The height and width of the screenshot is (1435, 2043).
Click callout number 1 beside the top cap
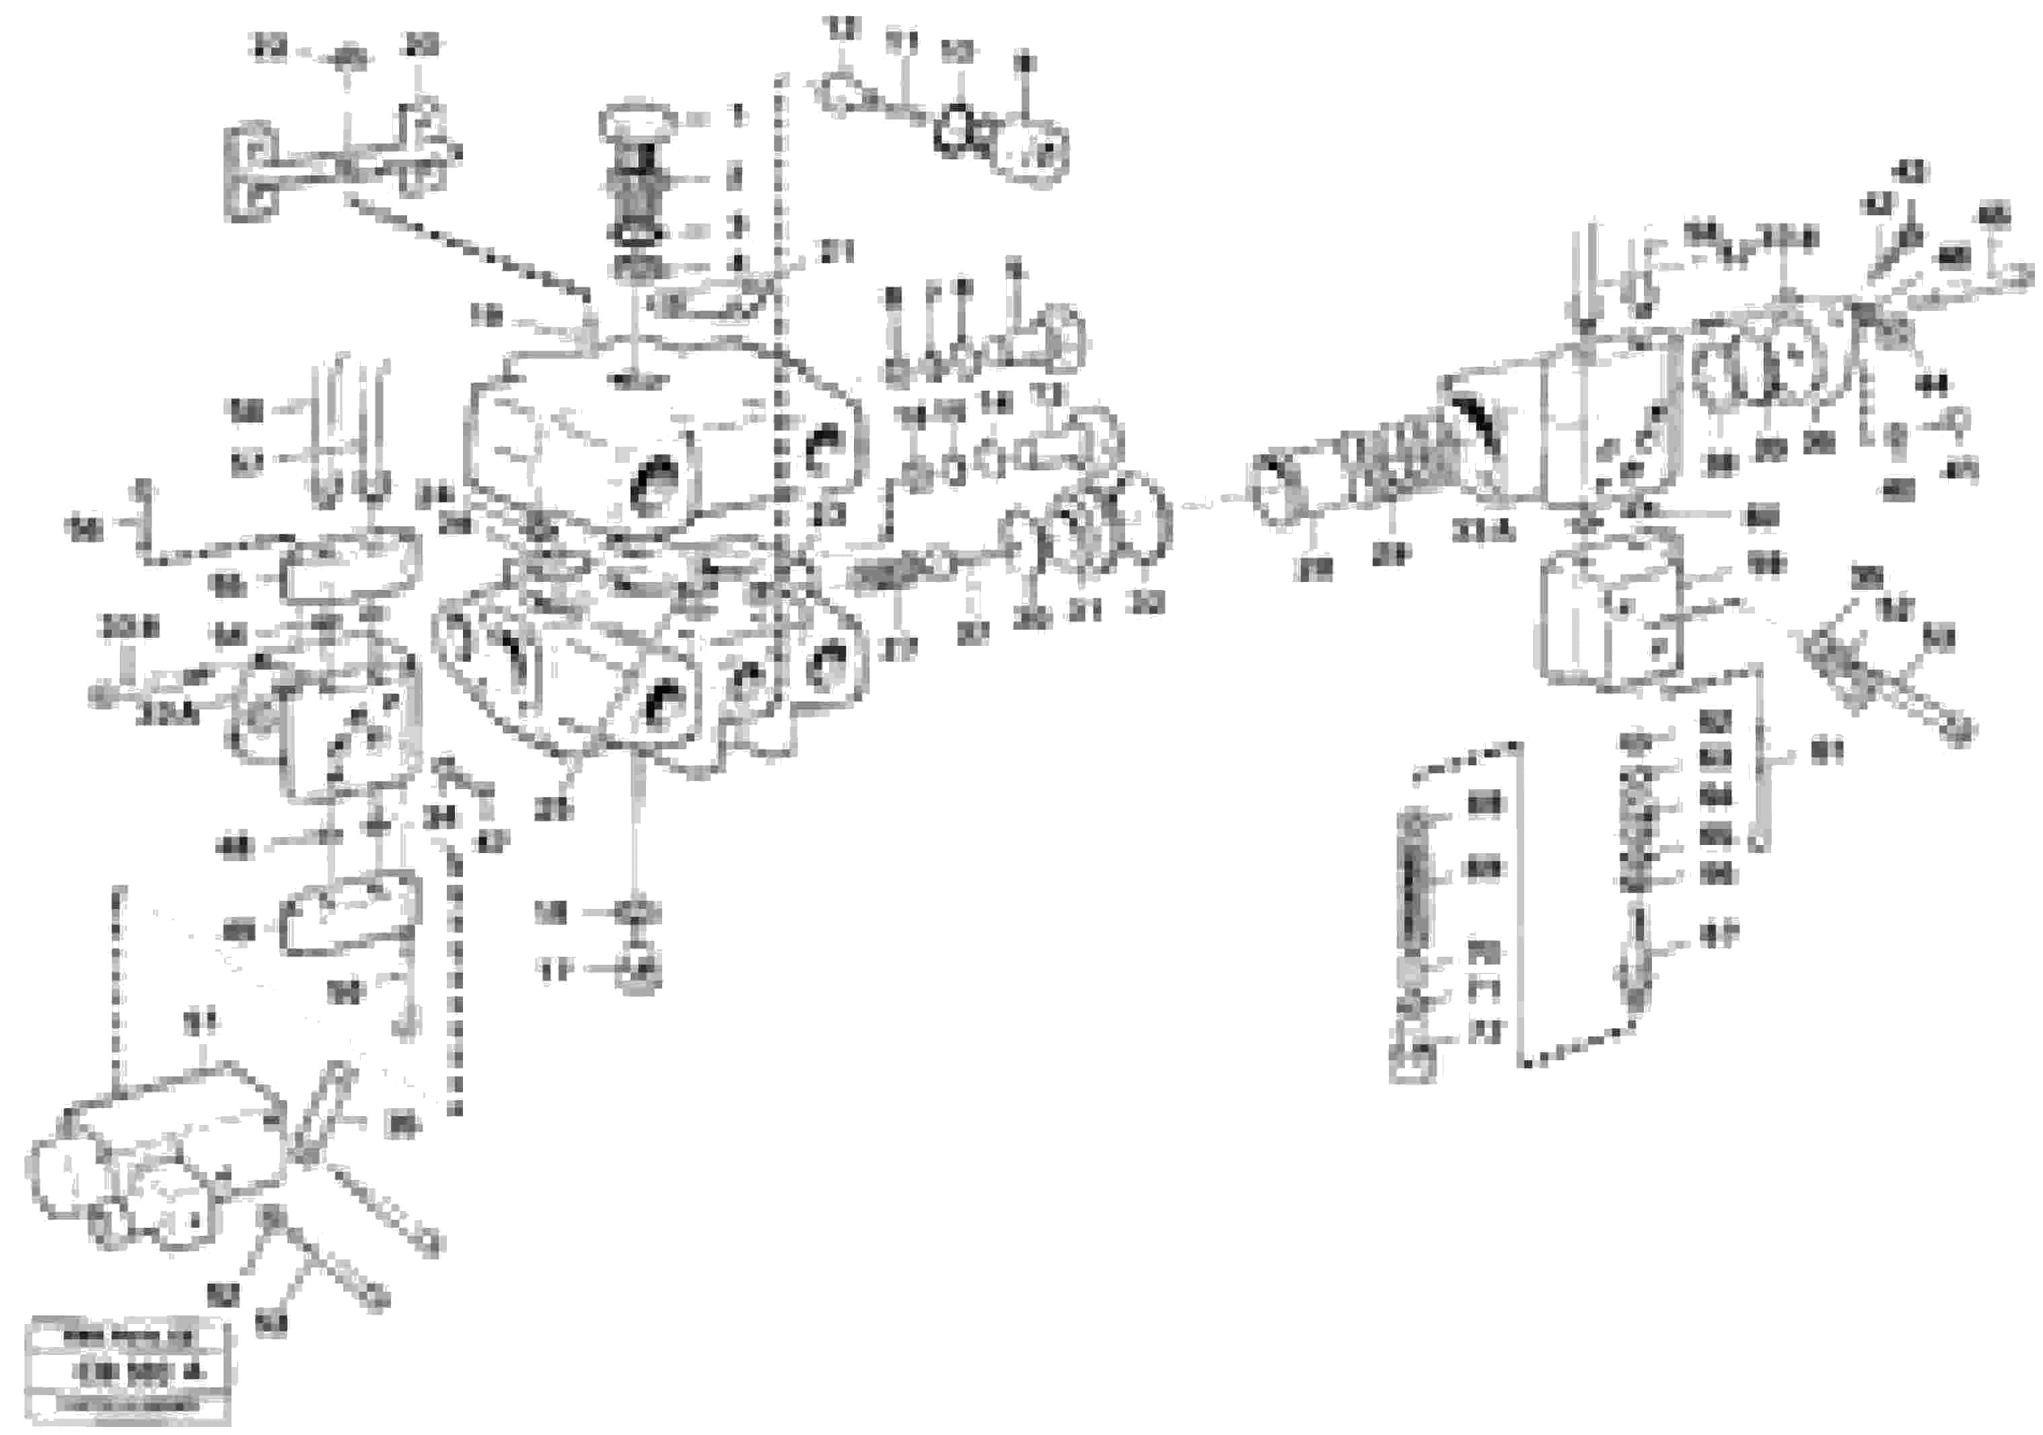(737, 116)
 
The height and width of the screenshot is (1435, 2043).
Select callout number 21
(836, 254)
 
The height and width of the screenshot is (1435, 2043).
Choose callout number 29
(1392, 556)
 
